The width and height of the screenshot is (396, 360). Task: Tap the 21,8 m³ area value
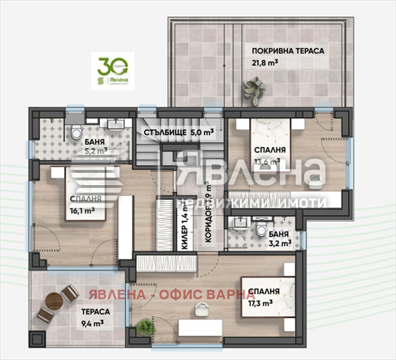[x=265, y=62]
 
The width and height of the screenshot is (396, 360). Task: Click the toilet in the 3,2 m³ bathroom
[x=261, y=232]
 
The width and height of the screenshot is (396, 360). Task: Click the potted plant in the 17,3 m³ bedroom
[x=145, y=327]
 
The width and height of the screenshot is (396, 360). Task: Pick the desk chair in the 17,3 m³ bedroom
[x=201, y=309]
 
